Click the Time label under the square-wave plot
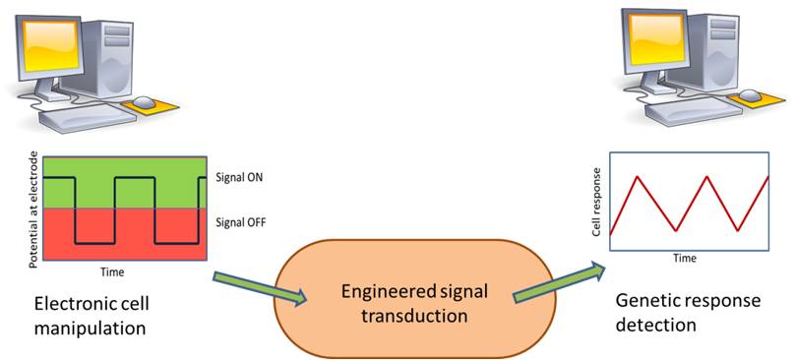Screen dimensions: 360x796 point(112,270)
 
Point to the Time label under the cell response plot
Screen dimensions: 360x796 point(685,260)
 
